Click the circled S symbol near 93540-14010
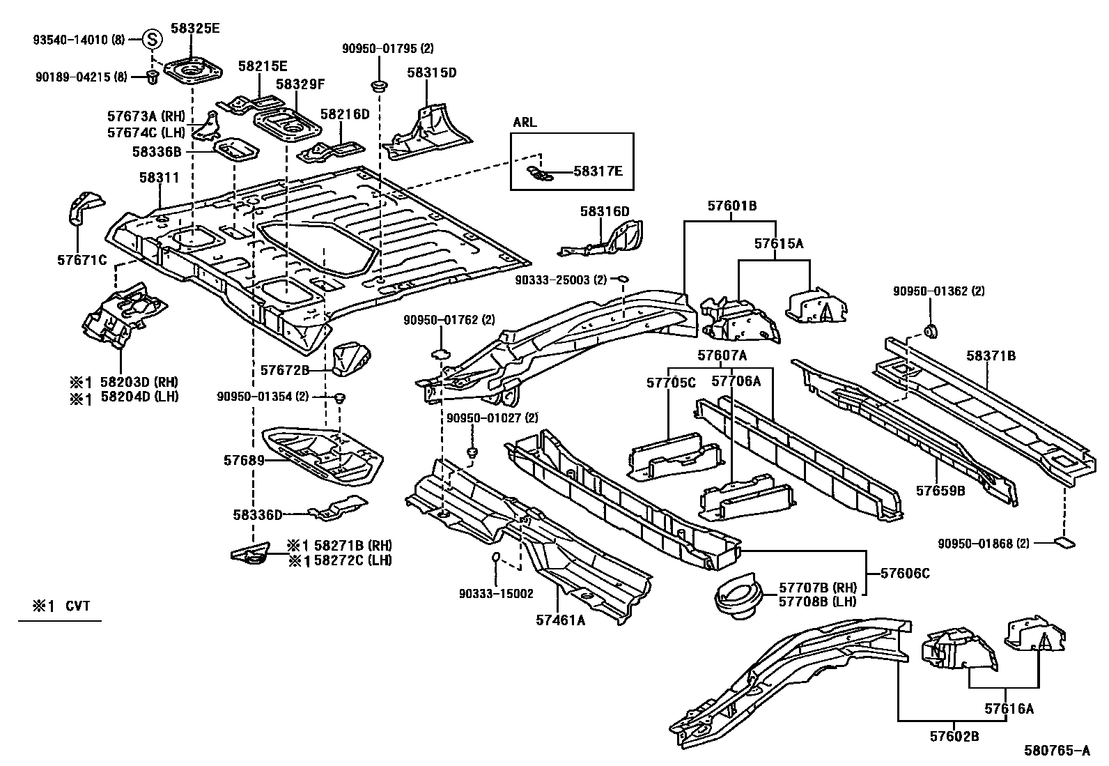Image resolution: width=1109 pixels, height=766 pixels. [153, 40]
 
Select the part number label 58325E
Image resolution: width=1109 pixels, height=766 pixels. [196, 29]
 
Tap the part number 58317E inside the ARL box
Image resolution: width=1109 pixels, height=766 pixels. [598, 170]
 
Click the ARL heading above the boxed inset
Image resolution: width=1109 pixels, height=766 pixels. [525, 123]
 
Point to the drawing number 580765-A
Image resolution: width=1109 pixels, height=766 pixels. [1056, 751]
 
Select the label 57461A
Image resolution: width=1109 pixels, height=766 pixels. [560, 618]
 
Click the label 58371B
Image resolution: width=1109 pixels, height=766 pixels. [991, 356]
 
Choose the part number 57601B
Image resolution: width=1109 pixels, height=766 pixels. [731, 206]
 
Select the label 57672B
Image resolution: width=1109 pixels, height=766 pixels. [284, 370]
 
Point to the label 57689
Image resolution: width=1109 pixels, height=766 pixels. [244, 460]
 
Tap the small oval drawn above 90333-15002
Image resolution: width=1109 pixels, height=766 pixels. [496, 556]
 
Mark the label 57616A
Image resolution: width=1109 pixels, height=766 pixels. [1009, 709]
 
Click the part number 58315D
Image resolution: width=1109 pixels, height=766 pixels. [431, 72]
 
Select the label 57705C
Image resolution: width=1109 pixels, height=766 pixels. [671, 382]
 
